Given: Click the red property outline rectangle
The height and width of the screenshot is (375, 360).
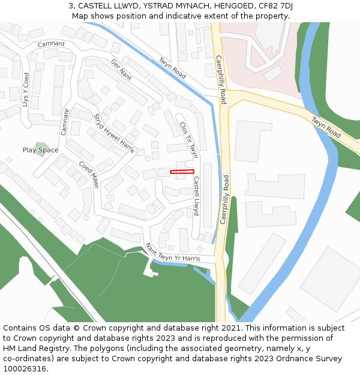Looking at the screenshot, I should click(182, 172).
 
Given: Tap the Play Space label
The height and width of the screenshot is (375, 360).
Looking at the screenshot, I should click(40, 150).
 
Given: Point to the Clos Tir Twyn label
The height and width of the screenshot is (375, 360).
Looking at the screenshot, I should click(188, 140).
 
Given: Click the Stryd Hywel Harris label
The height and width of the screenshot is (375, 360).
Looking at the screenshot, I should click(113, 133).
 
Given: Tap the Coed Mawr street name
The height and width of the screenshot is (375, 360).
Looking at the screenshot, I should click(88, 175).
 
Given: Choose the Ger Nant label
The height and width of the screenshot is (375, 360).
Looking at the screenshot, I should click(121, 70).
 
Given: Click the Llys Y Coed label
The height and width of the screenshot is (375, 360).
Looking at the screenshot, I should click(25, 90).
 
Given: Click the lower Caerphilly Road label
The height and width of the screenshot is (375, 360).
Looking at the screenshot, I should click(224, 199).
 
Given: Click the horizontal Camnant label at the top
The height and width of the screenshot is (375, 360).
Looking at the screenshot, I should click(50, 44).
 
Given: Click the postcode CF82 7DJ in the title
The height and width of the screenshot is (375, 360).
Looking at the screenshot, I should click(272, 6).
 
